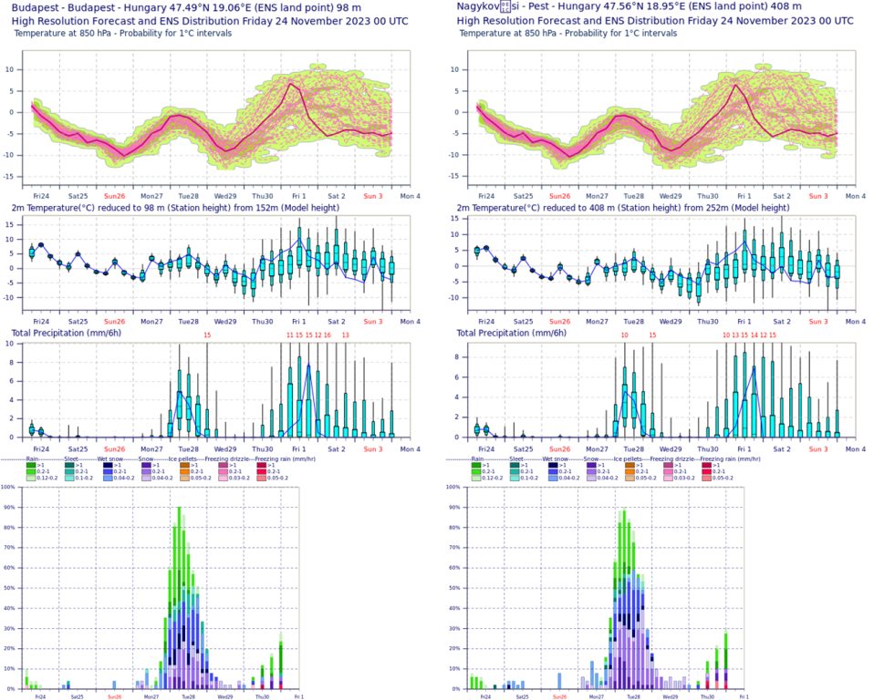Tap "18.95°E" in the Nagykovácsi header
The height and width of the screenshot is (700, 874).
click(x=654, y=6)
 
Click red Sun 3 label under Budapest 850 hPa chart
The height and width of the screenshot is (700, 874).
click(x=373, y=196)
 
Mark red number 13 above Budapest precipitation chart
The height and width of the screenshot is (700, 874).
click(x=346, y=335)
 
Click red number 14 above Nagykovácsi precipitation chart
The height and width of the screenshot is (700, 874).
click(x=754, y=335)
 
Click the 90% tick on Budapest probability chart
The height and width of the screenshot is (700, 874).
click(x=7, y=507)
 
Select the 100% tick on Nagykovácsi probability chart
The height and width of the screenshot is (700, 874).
click(x=453, y=487)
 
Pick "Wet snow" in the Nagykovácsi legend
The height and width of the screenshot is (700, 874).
click(x=559, y=458)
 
